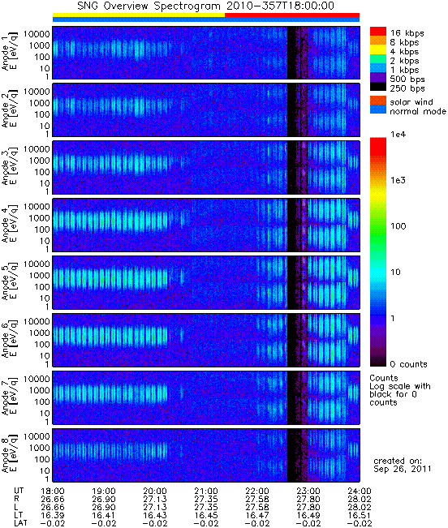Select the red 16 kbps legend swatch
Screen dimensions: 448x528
pyautogui.click(x=378, y=32)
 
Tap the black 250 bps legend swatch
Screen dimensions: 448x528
pyautogui.click(x=378, y=87)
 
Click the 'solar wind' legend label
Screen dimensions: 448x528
pyautogui.click(x=411, y=101)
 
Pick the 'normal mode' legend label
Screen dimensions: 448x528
pyautogui.click(x=418, y=111)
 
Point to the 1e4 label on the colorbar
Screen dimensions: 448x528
pyautogui.click(x=398, y=135)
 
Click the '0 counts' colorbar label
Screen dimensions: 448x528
pyautogui.click(x=408, y=364)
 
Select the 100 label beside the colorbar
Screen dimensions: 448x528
pyautogui.click(x=398, y=226)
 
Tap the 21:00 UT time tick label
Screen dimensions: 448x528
pyautogui.click(x=206, y=491)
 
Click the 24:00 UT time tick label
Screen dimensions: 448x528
pyautogui.click(x=359, y=491)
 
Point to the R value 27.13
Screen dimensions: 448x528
pyautogui.click(x=155, y=499)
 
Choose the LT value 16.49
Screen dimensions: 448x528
pyautogui.click(x=308, y=515)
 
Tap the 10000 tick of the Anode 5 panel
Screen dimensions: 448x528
pyautogui.click(x=37, y=264)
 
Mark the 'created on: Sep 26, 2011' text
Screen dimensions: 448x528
pyautogui.click(x=403, y=465)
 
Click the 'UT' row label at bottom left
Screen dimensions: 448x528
pyautogui.click(x=19, y=491)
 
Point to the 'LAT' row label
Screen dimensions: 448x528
pyautogui.click(x=21, y=523)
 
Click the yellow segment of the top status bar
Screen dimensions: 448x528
pyautogui.click(x=139, y=15)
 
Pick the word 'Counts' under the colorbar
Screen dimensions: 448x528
pyautogui.click(x=384, y=378)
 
